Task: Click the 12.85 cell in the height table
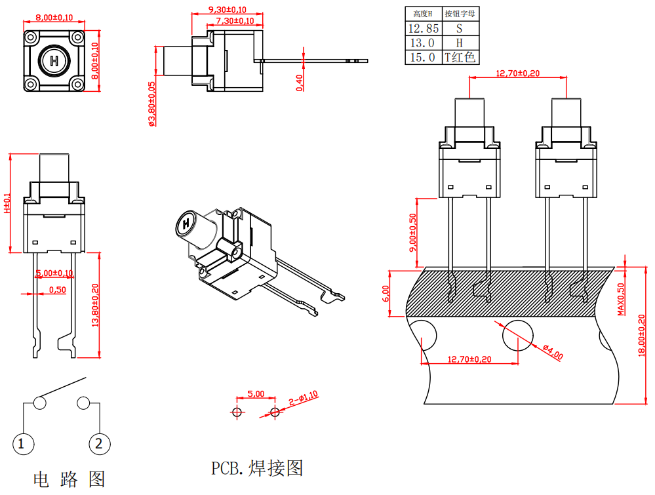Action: [424, 28]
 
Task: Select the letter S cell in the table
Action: [459, 28]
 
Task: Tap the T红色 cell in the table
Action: [459, 57]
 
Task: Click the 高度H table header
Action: [424, 14]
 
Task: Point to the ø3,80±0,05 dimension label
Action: [152, 104]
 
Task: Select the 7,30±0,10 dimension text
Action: [234, 21]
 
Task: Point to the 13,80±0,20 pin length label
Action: [96, 306]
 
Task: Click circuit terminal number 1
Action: [22, 444]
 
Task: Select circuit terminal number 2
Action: [99, 444]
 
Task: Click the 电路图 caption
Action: [69, 479]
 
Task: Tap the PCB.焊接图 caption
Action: [257, 468]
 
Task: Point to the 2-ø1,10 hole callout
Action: [303, 397]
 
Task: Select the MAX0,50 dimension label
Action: [620, 298]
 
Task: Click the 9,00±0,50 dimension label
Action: [412, 233]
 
